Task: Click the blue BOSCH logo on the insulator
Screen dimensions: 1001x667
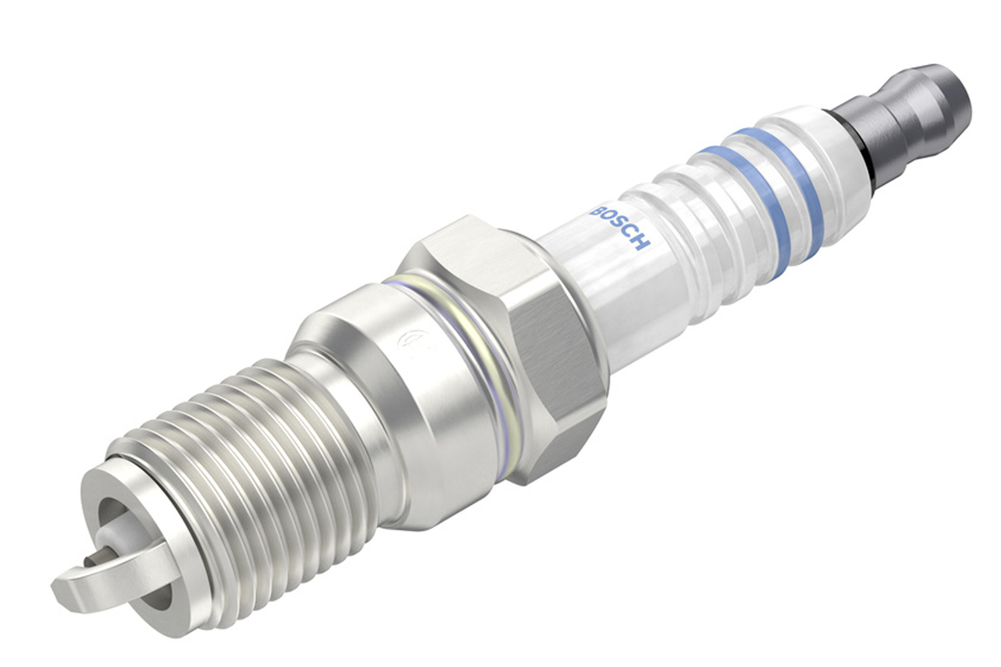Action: point(620,228)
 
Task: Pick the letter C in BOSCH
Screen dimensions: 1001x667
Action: point(631,234)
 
